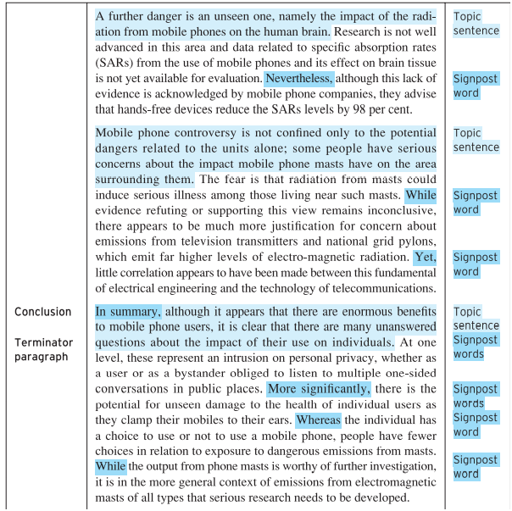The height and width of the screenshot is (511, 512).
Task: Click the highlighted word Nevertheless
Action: (x=300, y=79)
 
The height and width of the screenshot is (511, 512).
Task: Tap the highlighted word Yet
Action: (x=425, y=257)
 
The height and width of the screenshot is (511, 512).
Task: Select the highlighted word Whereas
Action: (x=320, y=420)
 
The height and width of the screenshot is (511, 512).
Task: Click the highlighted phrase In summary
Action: (x=128, y=311)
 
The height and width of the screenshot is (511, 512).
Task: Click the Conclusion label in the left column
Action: (x=43, y=312)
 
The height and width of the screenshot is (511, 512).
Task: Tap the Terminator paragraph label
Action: (x=43, y=350)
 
